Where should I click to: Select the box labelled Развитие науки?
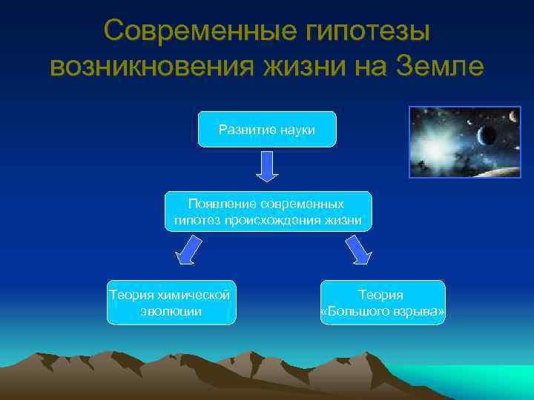coord(267,130)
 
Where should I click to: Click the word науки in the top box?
coord(297,130)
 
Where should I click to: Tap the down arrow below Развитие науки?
coord(267,167)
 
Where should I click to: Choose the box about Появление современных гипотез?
coord(268,211)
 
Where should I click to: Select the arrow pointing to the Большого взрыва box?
coord(357,250)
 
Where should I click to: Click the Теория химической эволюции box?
coord(171,302)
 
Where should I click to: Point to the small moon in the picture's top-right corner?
coord(512,116)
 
